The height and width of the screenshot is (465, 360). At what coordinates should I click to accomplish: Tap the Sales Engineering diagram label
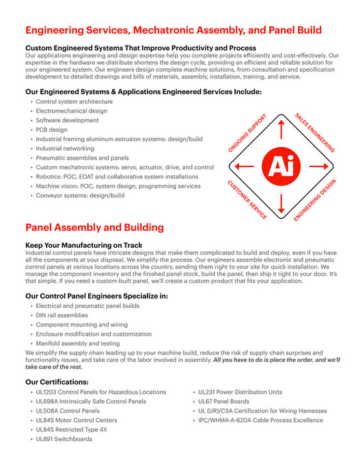[x=315, y=131]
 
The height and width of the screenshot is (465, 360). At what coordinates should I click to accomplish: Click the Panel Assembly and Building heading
[x=94, y=227]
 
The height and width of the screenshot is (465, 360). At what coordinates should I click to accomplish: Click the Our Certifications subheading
[x=57, y=381]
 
